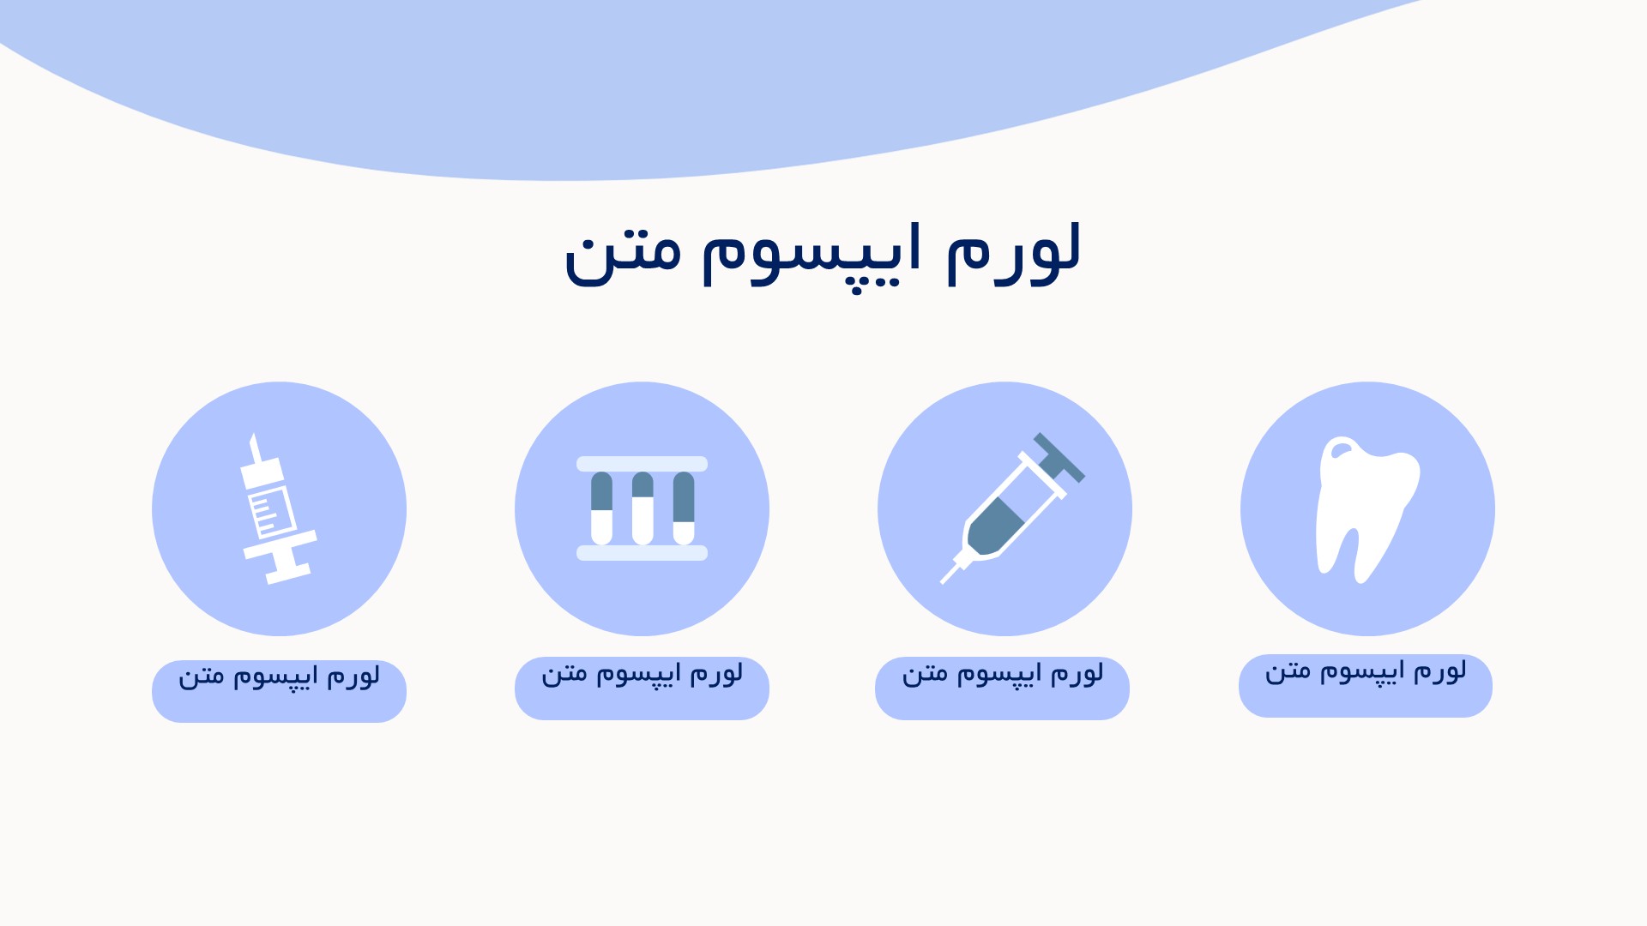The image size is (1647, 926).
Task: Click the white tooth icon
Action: coord(1366,506)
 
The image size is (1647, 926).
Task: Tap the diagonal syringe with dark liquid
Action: coord(1012,508)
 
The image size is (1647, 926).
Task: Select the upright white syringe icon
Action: coord(276,508)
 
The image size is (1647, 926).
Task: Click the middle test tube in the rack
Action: coord(643,508)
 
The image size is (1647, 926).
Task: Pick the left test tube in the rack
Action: coord(601,508)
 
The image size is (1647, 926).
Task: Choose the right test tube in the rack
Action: coord(684,508)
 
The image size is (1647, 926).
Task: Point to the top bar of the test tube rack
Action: coord(642,464)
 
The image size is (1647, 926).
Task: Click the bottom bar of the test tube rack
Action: coord(642,553)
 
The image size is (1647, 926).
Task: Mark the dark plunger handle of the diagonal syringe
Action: coord(1059,457)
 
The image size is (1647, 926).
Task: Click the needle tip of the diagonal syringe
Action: coord(943,582)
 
